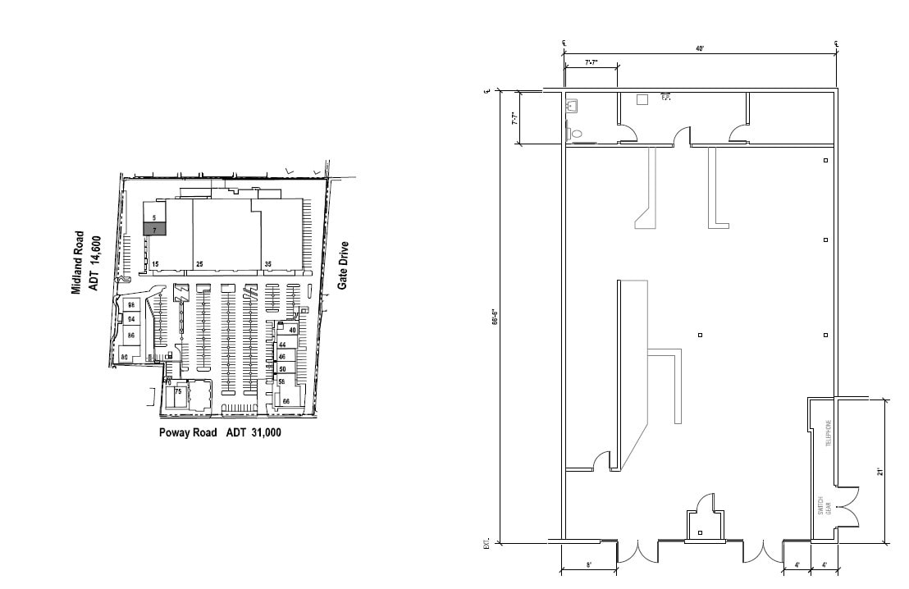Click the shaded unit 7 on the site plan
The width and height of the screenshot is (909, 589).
point(155,230)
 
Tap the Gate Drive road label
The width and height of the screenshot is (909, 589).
point(344,264)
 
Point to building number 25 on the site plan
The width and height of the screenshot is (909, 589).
point(199,263)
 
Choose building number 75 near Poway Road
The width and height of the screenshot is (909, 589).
point(178,392)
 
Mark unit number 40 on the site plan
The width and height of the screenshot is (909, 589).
point(292,330)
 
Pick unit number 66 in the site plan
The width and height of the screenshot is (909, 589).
point(286,401)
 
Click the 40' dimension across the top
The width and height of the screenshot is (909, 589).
point(700,49)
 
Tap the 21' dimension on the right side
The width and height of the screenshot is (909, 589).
point(879,471)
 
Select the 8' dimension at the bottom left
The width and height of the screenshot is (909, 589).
point(589,565)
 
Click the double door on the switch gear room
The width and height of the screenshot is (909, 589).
point(849,508)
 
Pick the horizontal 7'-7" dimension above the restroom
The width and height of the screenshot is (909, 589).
point(591,62)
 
